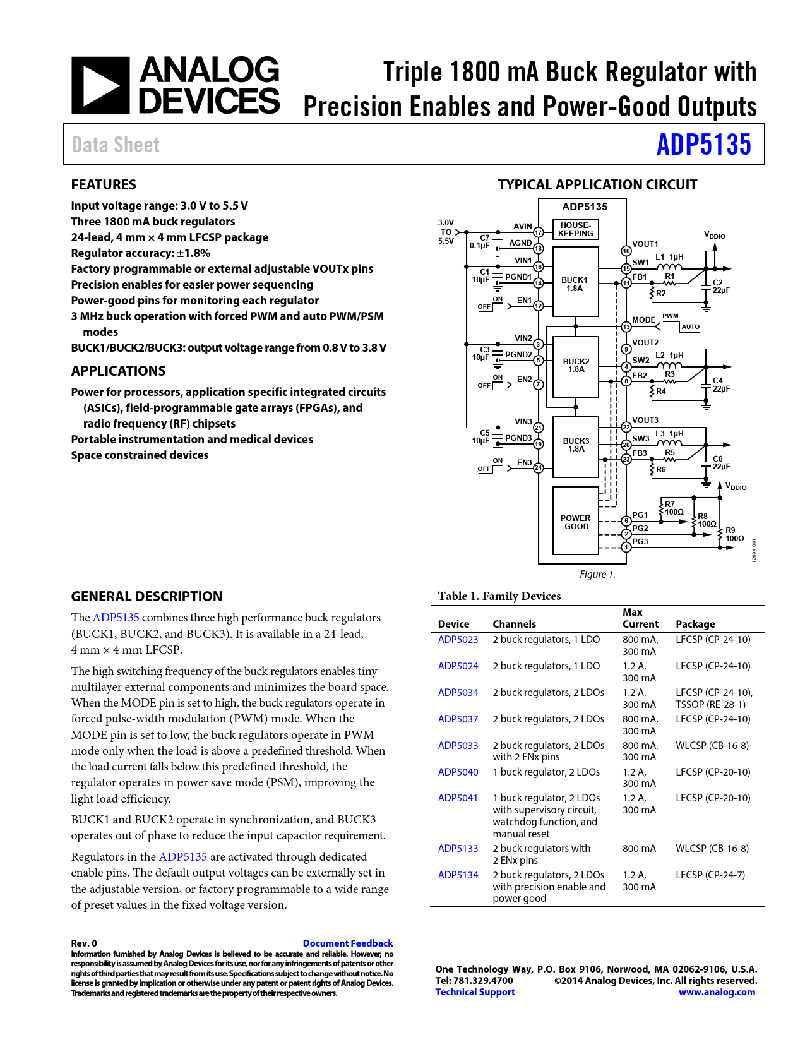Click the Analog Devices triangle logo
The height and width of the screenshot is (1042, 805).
(x=100, y=85)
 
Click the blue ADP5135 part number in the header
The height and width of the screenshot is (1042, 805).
(x=703, y=145)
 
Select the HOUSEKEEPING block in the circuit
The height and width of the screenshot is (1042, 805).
(x=575, y=229)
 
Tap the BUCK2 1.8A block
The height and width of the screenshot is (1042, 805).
(x=576, y=366)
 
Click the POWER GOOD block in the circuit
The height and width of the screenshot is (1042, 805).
(x=576, y=522)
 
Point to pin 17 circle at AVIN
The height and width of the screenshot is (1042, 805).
(x=539, y=232)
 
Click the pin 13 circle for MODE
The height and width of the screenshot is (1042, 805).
(x=626, y=326)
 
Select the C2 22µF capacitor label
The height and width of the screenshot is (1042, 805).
(x=720, y=287)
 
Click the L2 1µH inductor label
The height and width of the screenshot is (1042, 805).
(x=669, y=356)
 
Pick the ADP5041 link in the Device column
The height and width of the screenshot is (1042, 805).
(x=458, y=798)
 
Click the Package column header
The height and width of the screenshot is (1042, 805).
(x=695, y=624)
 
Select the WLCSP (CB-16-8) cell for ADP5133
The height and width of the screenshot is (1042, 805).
(x=712, y=849)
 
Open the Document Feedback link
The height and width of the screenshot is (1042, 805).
(x=348, y=943)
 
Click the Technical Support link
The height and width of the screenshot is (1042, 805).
(x=475, y=992)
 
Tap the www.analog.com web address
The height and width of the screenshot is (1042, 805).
(x=717, y=992)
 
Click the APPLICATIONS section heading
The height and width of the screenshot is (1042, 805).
(x=119, y=371)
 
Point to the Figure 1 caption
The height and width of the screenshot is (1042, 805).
(x=597, y=575)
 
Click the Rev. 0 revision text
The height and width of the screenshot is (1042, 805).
(x=84, y=943)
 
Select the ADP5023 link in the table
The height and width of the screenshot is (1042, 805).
(x=458, y=640)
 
